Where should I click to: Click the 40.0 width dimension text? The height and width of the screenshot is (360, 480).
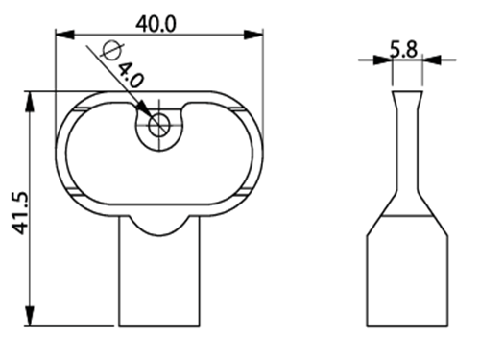coord(156,24)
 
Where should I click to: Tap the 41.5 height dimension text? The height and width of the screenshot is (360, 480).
coord(20,213)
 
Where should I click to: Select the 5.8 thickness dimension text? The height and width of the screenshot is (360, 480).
coord(403,50)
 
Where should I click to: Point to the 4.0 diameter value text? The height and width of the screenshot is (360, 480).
coord(131,76)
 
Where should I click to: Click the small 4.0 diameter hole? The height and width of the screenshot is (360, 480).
coord(159,125)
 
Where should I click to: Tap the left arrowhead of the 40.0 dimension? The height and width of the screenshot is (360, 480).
coord(65,35)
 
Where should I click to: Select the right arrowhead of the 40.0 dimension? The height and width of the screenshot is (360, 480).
coord(253,35)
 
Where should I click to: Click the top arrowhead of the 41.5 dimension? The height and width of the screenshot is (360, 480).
coord(30,102)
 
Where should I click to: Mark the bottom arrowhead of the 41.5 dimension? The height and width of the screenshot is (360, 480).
coord(30,316)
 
